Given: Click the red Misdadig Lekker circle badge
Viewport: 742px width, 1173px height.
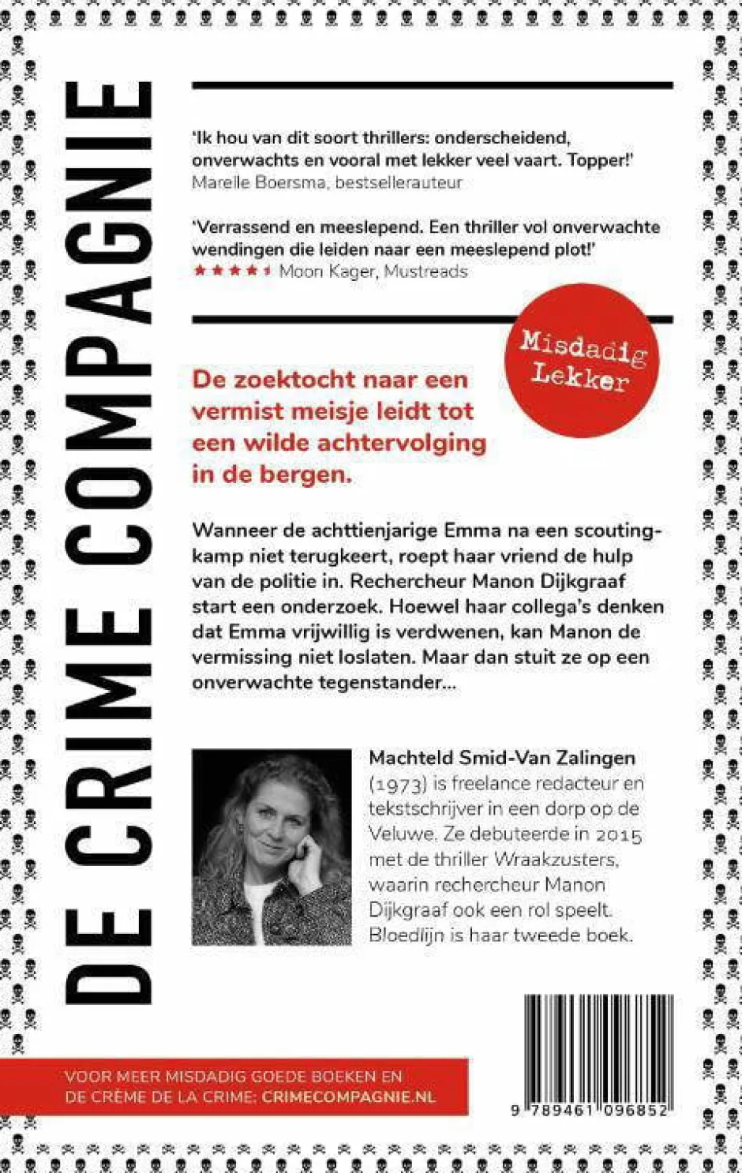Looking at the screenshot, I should coord(582,361).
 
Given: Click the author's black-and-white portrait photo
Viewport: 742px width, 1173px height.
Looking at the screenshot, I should coord(272,847).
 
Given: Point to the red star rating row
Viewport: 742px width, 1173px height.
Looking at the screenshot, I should coord(233,271).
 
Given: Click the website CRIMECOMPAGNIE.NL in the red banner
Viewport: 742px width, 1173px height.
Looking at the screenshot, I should coord(348,1097).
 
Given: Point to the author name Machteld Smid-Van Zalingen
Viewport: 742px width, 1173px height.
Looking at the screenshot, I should coord(502,758).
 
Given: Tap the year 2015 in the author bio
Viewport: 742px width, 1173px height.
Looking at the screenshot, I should coord(618,834).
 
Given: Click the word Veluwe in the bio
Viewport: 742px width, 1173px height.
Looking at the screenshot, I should coord(402,834).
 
